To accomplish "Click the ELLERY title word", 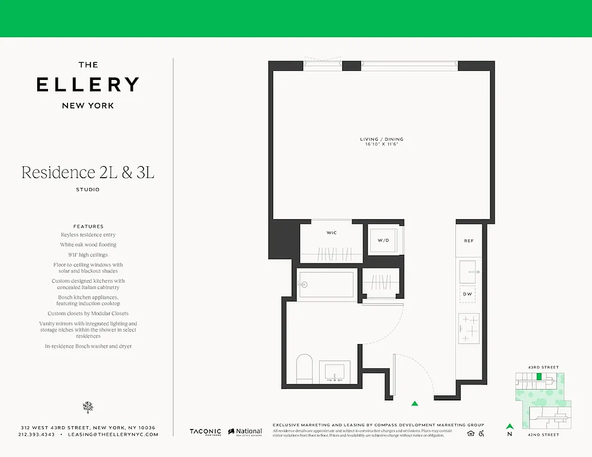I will [88, 85].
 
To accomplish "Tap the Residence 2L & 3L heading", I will [88, 172].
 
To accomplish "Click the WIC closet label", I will [331, 233].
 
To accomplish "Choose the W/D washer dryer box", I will [383, 240].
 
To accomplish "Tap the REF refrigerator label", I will [469, 241].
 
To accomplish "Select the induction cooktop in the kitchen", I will [469, 329].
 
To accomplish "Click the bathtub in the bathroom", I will [326, 284].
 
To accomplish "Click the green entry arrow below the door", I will [415, 403].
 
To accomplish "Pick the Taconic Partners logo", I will [205, 432].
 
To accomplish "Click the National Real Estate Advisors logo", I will [245, 432].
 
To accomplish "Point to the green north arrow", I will [509, 426].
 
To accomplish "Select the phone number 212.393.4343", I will [37, 435].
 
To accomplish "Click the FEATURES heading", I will [88, 226].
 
